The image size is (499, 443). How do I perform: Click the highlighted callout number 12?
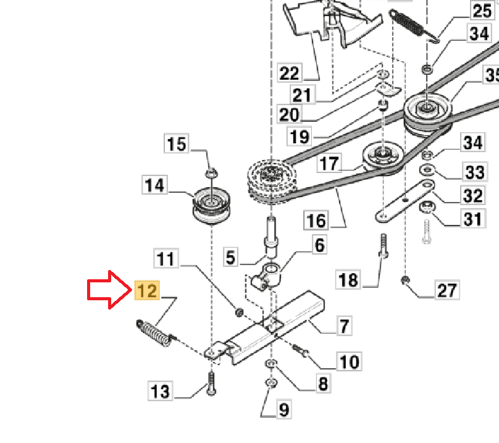pos(147,290)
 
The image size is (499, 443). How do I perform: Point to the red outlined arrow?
pos(109,289)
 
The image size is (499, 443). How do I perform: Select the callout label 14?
pos(155,185)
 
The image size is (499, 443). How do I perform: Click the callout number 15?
pos(177,144)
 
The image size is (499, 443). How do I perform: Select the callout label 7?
pos(343,325)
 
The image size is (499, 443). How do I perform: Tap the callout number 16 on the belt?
pos(316,221)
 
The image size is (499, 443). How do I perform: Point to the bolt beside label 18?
pos(384,247)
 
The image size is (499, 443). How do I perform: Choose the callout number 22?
pos(289,74)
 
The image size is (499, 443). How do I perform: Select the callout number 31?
pos(472,219)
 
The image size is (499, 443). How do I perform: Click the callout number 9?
pos(283,409)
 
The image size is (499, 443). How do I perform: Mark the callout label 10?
pos(349,361)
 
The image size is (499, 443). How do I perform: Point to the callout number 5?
pos(230,256)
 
